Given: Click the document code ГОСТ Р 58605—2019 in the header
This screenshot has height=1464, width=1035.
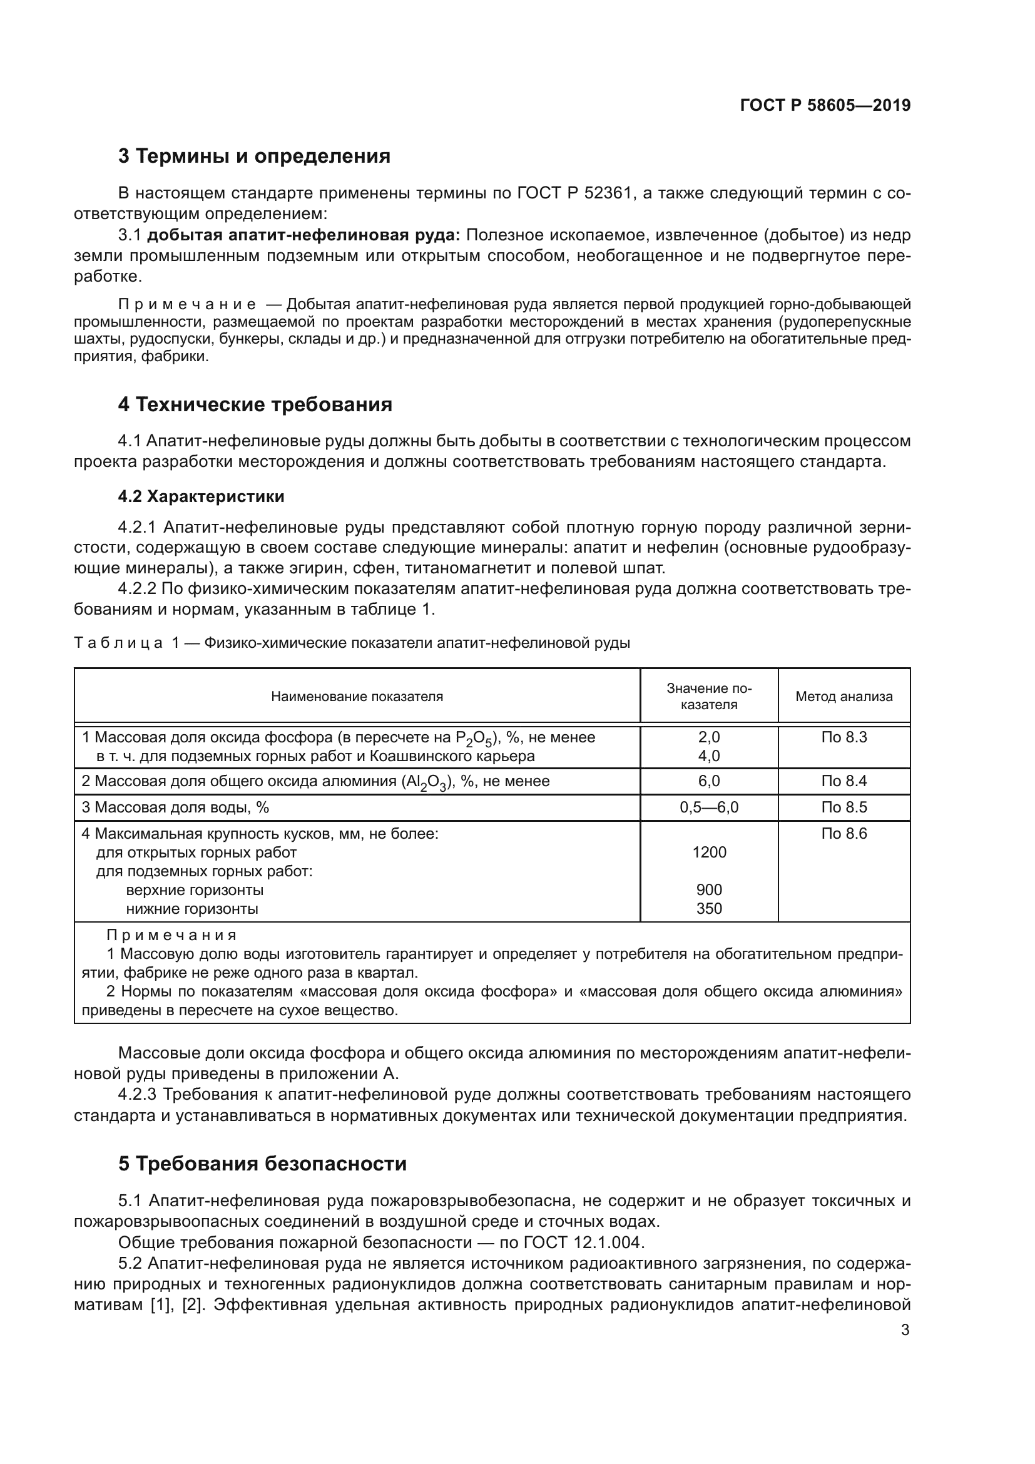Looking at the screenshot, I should coord(825,105).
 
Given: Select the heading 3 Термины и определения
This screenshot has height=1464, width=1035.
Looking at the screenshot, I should coord(253,156).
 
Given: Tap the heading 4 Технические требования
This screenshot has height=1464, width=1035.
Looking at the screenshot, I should coord(255,404).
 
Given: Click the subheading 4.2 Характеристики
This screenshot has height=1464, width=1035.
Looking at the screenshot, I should coord(201,496).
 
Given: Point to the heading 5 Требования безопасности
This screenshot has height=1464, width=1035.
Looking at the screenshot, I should coord(262,1164).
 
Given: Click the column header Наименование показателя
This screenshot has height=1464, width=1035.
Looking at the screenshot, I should coord(356,696).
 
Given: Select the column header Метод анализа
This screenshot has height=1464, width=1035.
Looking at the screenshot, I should coord(843,696).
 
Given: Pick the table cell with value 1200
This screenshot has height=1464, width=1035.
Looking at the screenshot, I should coord(709,852).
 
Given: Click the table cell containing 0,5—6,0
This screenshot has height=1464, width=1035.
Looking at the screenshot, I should coord(709,807).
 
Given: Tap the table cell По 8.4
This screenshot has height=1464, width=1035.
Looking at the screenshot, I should coord(843,781).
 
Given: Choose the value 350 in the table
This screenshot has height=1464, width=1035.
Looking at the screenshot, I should coord(709,909).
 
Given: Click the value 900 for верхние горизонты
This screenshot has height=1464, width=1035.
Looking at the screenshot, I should coord(709,889).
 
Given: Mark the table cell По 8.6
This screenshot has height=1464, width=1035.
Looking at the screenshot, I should coord(843,833).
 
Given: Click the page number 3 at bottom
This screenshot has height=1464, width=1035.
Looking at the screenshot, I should coord(905,1330).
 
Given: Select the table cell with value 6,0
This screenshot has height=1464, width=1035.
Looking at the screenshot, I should coord(709,781).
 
